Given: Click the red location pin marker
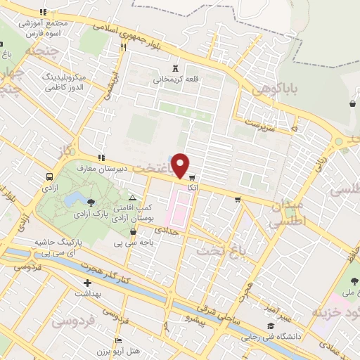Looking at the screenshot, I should click(x=181, y=165).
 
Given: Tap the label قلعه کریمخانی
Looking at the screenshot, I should click(x=177, y=79).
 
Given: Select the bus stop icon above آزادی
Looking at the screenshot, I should click(x=50, y=176).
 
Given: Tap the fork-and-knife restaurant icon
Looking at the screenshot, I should click(x=124, y=48).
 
